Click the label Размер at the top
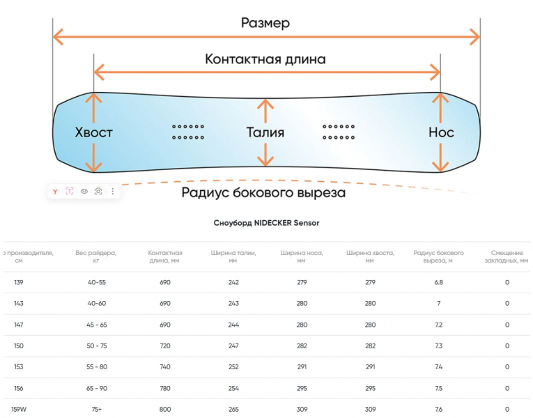tap(265, 23)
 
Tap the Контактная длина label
tap(265, 59)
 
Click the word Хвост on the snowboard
tap(93, 132)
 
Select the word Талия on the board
tap(265, 132)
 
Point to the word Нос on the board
tap(441, 132)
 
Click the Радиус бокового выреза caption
tap(263, 193)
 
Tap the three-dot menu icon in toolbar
tap(113, 191)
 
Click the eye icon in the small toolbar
tap(84, 191)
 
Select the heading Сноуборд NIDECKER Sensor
tap(266, 223)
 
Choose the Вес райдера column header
tap(96, 256)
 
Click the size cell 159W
tap(19, 409)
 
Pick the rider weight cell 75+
tap(96, 409)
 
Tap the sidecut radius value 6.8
tap(438, 282)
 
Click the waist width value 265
tap(233, 409)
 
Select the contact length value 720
tap(165, 346)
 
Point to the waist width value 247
tap(233, 346)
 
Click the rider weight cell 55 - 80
tap(96, 367)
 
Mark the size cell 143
tap(18, 303)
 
